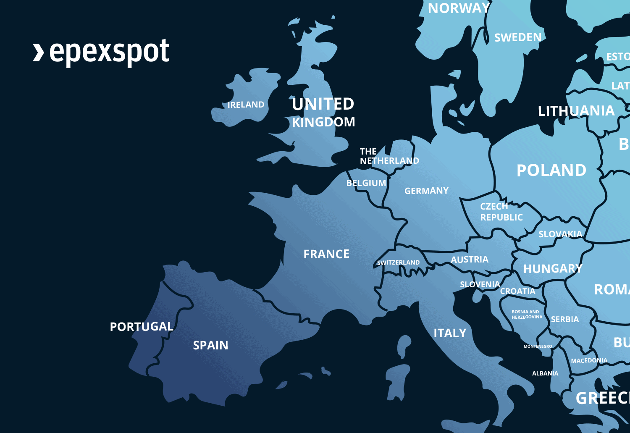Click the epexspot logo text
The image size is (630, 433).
tap(109, 52)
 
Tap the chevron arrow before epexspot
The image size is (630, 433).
tap(38, 52)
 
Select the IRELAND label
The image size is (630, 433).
tap(246, 105)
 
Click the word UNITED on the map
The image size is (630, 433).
tap(323, 104)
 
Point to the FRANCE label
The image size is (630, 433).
tap(326, 254)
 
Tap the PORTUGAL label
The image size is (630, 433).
tap(142, 327)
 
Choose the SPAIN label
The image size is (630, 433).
tap(210, 345)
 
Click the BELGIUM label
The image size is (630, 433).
tap(366, 183)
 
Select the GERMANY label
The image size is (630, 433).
tap(426, 191)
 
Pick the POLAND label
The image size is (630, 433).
tap(551, 171)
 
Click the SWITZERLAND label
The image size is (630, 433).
tap(398, 262)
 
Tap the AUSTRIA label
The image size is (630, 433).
tap(470, 260)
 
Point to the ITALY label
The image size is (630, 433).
tap(450, 333)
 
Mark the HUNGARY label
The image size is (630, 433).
tap(553, 269)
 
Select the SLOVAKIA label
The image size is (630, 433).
tap(560, 234)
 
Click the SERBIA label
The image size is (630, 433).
tap(565, 320)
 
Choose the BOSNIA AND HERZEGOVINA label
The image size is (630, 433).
tap(527, 315)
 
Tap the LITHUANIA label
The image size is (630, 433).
tap(576, 111)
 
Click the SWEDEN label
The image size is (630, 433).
tap(518, 37)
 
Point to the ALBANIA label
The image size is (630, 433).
tap(545, 373)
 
